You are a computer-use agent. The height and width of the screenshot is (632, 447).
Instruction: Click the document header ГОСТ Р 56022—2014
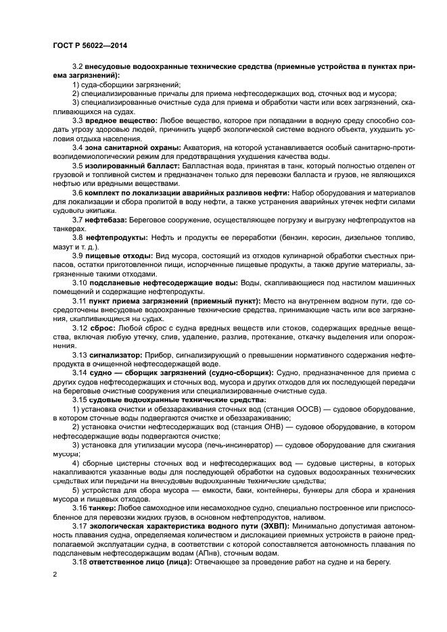pos(90,45)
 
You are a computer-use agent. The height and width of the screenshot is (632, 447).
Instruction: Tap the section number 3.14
pos(81,372)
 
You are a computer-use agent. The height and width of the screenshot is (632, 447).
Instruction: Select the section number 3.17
pos(81,525)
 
